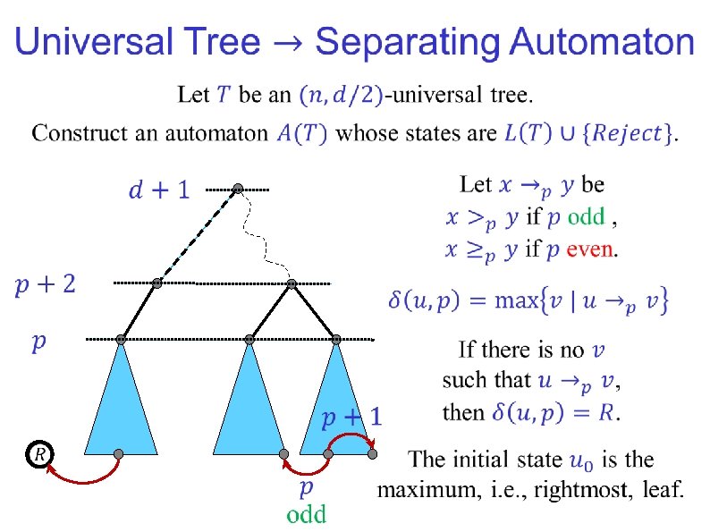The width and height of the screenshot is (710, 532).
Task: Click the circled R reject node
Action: (38, 455)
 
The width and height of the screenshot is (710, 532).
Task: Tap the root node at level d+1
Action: (238, 189)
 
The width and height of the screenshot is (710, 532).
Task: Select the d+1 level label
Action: (159, 190)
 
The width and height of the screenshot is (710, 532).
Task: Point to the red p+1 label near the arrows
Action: (351, 417)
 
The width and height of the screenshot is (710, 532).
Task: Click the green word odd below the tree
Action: (306, 514)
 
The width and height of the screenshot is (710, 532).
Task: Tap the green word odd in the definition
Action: (586, 216)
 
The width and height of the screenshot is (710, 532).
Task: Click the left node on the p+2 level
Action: (156, 283)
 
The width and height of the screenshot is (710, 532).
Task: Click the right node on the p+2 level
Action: (292, 283)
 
